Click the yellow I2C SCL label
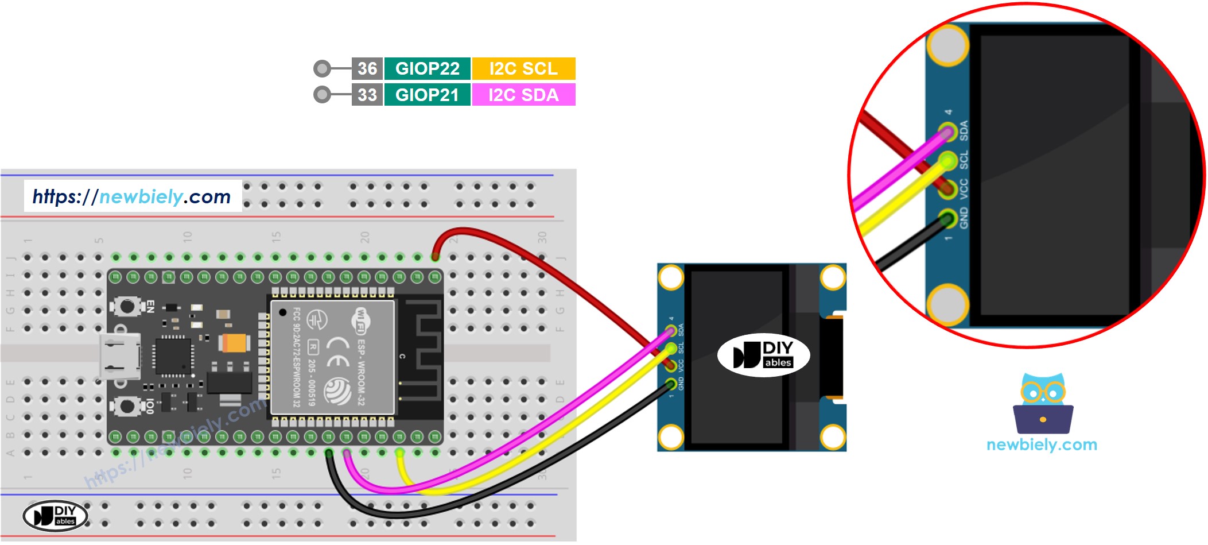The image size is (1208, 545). tap(523, 68)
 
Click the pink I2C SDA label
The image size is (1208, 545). tap(523, 95)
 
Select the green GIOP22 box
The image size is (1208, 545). tap(428, 68)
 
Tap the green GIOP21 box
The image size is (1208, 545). tap(428, 95)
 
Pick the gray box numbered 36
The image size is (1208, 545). tap(367, 68)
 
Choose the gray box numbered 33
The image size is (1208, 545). tap(367, 95)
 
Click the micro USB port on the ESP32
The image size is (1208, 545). tap(119, 356)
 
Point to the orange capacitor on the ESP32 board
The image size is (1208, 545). tap(235, 343)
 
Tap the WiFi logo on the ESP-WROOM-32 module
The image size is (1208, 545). tap(361, 320)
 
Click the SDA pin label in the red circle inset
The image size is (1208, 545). tap(964, 130)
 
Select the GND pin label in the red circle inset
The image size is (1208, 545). tap(964, 218)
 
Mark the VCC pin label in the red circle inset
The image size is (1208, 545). tap(964, 189)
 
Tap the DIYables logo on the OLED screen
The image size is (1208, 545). tap(763, 355)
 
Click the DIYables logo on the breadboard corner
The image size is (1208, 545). tap(55, 515)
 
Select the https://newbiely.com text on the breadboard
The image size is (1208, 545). tap(132, 197)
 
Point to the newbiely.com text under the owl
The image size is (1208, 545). tap(1042, 444)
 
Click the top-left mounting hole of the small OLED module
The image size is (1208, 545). tap(671, 278)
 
